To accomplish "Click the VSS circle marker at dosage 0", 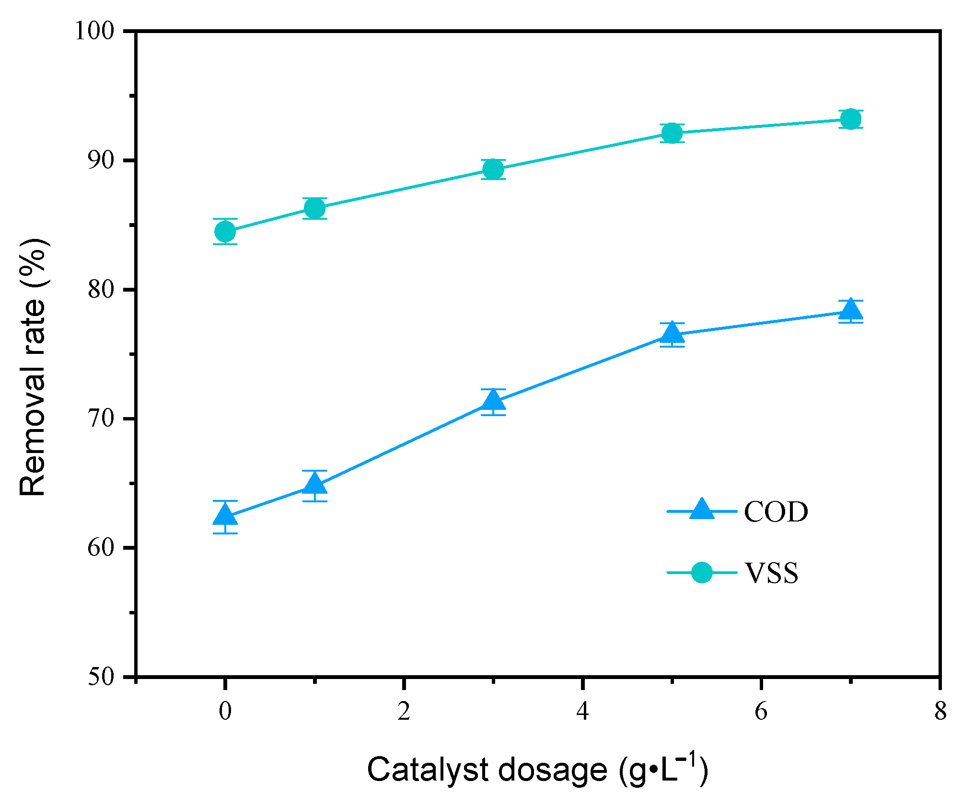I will (225, 232).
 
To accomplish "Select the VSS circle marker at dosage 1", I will (314, 208).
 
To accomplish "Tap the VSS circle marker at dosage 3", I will (493, 169).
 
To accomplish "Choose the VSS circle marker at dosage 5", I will (672, 133).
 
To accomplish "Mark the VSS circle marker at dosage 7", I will (850, 119).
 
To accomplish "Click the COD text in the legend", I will (776, 512).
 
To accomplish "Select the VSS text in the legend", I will (771, 573).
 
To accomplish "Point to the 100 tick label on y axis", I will (95, 31).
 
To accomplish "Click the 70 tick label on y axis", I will (101, 419).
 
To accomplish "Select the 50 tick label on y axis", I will (101, 677).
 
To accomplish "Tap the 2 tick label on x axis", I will (404, 712).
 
